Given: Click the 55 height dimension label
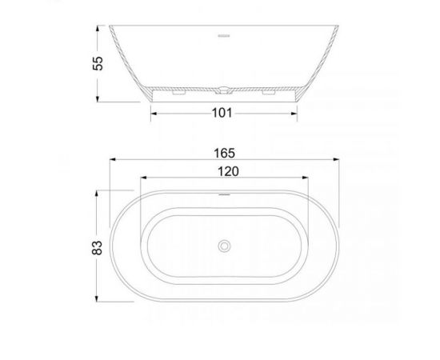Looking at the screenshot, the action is click(x=98, y=63).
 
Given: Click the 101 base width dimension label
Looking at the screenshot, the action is click(x=222, y=113).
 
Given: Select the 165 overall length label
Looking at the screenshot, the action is click(x=224, y=154).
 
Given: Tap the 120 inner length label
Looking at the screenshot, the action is click(x=229, y=171).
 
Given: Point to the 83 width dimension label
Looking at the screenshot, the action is click(x=97, y=248).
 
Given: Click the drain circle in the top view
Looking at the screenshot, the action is click(x=224, y=246).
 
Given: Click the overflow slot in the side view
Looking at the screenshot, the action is click(x=224, y=36).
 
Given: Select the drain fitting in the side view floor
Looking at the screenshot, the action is click(x=224, y=90).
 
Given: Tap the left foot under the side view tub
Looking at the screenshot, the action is click(x=178, y=92).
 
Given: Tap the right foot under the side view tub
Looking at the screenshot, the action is click(x=269, y=92).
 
